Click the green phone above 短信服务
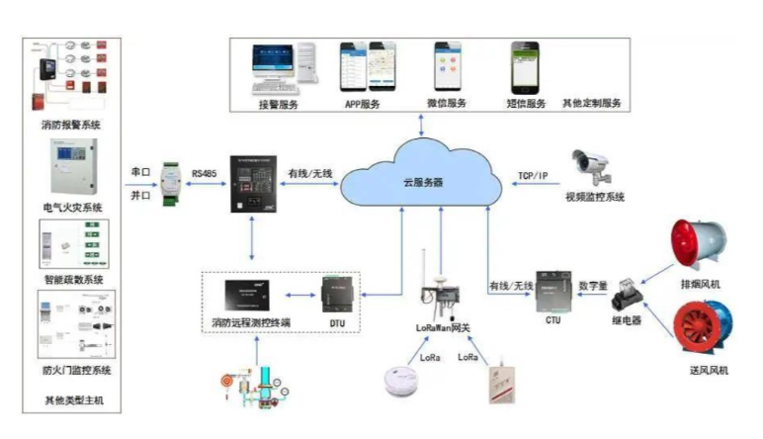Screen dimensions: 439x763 [525, 66]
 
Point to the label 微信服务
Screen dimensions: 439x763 [446, 103]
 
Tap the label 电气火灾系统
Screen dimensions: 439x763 [72, 207]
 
